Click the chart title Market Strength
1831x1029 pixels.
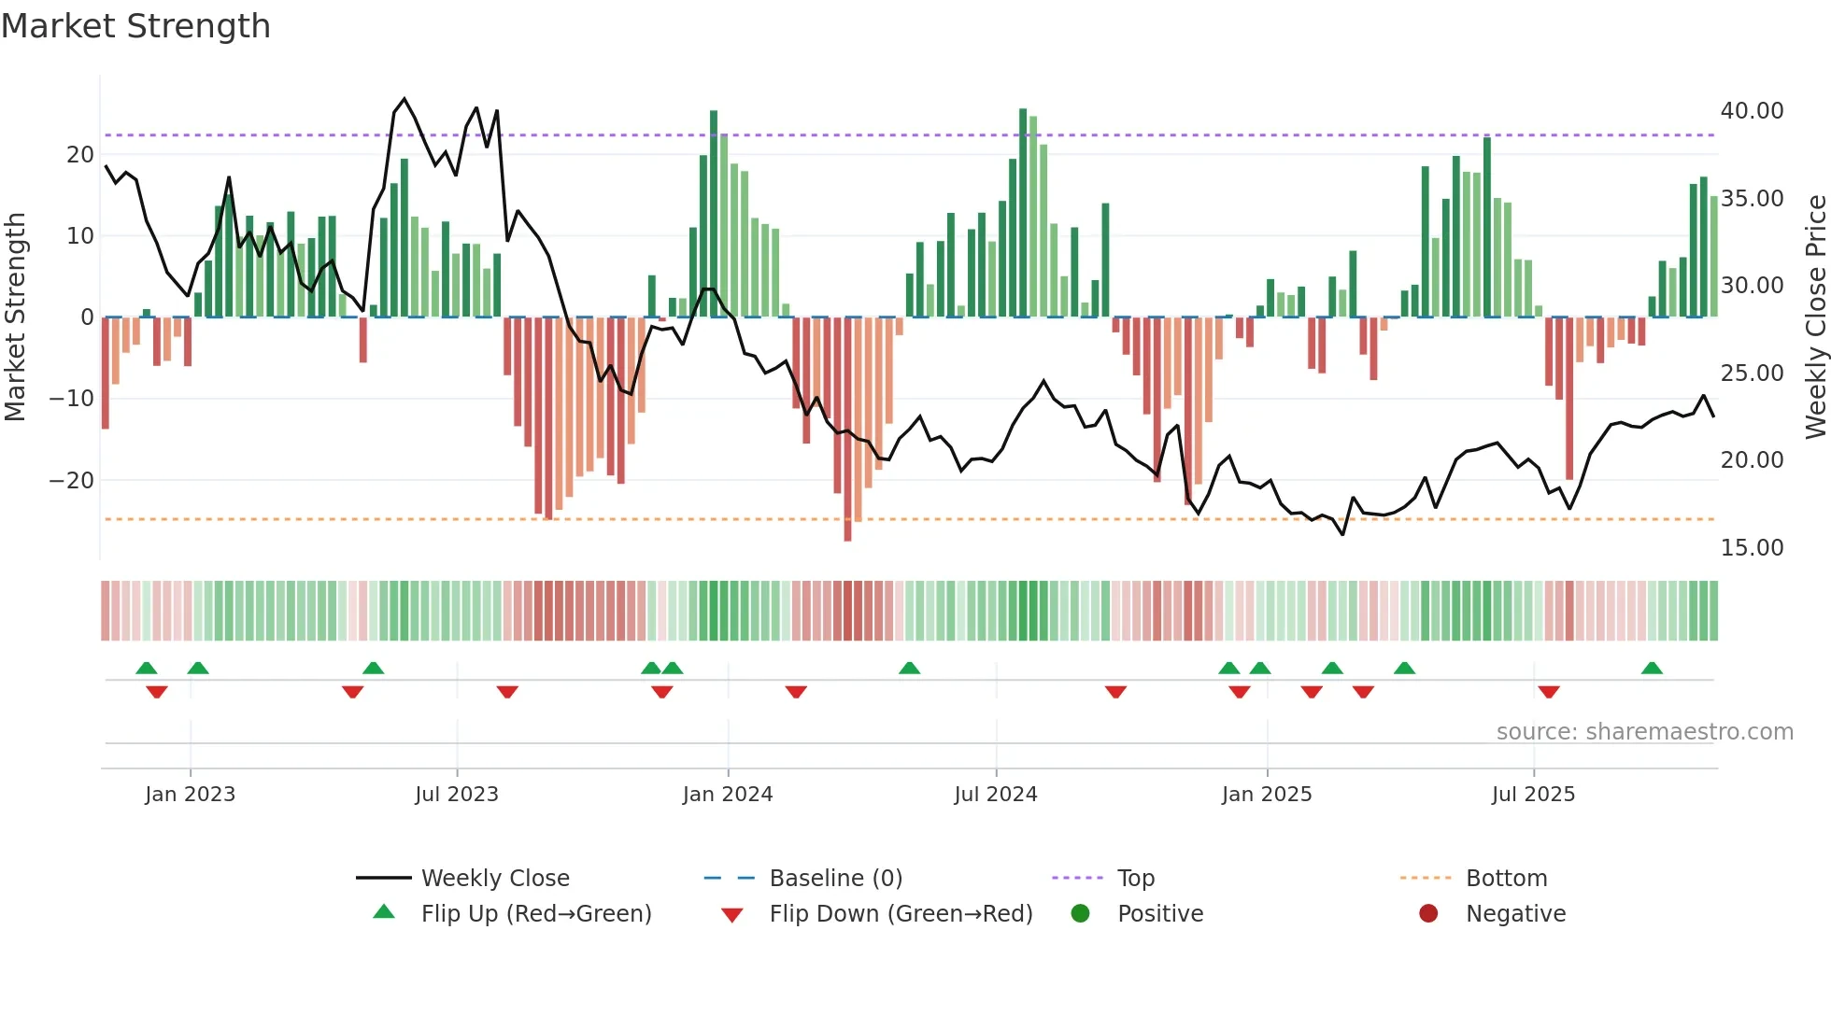[135, 26]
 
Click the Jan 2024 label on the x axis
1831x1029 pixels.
[728, 795]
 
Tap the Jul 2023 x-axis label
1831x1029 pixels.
[457, 795]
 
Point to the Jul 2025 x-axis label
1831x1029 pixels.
[1533, 795]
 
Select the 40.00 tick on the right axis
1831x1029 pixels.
[1752, 111]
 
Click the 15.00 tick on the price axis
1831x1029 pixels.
[1752, 548]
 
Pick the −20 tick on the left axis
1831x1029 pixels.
[71, 481]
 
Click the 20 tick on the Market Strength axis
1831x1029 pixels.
[80, 155]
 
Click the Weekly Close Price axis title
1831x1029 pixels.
[1815, 317]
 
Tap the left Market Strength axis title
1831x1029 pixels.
[16, 317]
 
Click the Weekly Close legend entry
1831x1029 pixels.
[494, 879]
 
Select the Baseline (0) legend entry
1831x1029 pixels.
[835, 879]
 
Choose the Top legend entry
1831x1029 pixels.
[1135, 879]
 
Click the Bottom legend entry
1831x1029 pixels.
[1506, 879]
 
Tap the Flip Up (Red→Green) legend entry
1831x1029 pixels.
[535, 914]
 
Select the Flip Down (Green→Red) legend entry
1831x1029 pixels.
[901, 914]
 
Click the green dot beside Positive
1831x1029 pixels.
[1081, 914]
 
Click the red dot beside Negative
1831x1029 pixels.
[1428, 914]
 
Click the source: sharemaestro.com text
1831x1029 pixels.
[1644, 732]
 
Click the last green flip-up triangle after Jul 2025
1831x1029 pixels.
[1652, 669]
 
